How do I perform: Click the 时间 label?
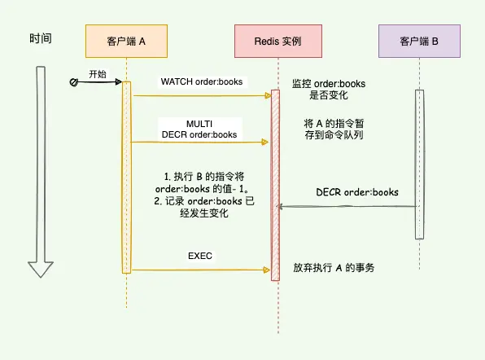pos(41,38)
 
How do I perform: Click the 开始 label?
pos(97,73)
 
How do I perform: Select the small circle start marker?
pos(73,82)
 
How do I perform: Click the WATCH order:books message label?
pos(199,81)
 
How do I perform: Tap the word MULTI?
pos(199,123)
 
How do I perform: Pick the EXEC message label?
pos(199,255)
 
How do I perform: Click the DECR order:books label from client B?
pos(357,192)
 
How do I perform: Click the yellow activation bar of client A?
pos(126,175)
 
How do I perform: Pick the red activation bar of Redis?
pos(274,183)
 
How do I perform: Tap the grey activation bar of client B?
pos(419,163)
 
